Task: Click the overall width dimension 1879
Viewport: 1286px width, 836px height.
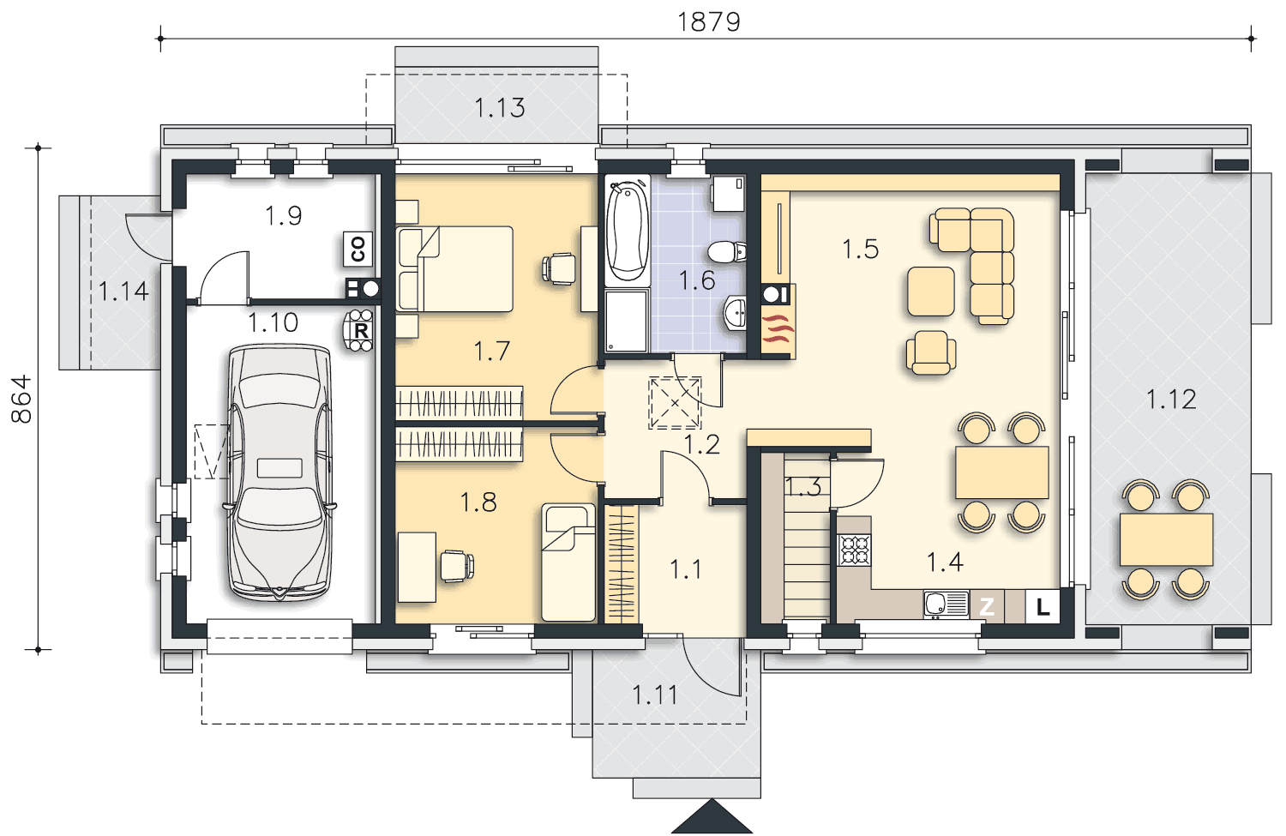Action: pos(709,22)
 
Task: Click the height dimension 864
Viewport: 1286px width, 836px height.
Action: pos(21,400)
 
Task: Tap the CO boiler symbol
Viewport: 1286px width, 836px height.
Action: pos(358,250)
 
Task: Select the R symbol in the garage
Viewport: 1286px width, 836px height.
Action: pos(358,330)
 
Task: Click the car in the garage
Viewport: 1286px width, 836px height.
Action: pos(279,472)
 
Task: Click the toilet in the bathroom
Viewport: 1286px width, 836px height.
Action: pos(727,251)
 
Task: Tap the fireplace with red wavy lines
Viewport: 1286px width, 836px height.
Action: pos(778,332)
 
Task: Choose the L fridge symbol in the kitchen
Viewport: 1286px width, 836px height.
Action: pos(1042,606)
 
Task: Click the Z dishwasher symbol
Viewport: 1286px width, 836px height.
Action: pos(987,606)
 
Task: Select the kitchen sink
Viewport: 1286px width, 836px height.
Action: pos(946,604)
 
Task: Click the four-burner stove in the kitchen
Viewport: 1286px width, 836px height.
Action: pos(854,550)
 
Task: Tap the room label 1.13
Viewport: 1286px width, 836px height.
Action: pos(500,108)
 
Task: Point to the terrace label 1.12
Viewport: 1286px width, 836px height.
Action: pos(1171,399)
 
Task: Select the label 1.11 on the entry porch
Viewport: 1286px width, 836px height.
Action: pos(655,695)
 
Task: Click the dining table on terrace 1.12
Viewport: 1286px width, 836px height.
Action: pos(1166,539)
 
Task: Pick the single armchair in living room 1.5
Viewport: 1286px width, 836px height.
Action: pos(931,352)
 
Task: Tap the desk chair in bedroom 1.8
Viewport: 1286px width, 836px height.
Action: pos(457,565)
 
